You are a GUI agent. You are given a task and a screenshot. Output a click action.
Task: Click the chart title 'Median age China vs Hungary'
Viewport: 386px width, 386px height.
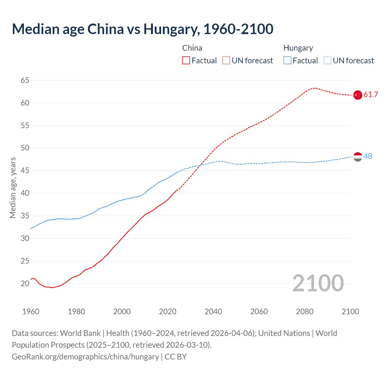click(142, 29)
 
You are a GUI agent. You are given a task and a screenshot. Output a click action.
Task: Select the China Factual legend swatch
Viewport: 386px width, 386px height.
click(186, 61)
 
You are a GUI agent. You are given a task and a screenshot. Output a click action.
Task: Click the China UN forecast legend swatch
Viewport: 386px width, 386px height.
click(226, 61)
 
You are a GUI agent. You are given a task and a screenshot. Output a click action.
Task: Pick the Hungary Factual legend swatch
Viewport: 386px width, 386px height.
click(287, 61)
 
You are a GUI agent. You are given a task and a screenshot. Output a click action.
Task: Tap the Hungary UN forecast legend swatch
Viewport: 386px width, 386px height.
click(327, 61)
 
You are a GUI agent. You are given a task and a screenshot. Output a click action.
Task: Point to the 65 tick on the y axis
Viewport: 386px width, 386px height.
click(25, 81)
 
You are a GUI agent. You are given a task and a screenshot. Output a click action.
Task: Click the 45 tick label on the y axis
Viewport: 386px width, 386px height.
click(25, 171)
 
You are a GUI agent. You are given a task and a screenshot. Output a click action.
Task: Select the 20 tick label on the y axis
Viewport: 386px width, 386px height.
click(25, 283)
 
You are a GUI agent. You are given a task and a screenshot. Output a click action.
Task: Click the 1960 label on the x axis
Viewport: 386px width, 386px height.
click(31, 312)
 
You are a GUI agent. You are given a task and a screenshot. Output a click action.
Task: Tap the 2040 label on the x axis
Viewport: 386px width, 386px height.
click(213, 312)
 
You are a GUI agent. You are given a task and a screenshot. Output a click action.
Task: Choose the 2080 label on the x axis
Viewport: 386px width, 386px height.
click(305, 312)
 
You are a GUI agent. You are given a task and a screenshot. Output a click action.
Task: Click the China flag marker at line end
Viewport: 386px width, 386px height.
click(358, 95)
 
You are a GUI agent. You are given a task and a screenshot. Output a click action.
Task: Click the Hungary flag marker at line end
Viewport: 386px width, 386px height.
click(358, 157)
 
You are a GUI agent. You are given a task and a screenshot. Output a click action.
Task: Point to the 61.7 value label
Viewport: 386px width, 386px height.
click(371, 95)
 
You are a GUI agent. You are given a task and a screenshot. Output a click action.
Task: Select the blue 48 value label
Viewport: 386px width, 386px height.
click(368, 156)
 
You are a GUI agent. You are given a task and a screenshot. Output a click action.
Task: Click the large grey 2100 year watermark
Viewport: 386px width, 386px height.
click(318, 283)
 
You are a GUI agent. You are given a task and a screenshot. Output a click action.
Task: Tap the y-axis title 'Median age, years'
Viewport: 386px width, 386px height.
click(13, 188)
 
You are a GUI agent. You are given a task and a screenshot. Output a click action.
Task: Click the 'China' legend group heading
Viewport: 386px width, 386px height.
click(192, 48)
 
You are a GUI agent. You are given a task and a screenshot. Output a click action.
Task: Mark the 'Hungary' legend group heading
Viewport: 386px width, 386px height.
click(298, 48)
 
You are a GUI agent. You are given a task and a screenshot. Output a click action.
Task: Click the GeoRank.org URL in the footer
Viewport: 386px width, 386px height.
click(85, 357)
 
